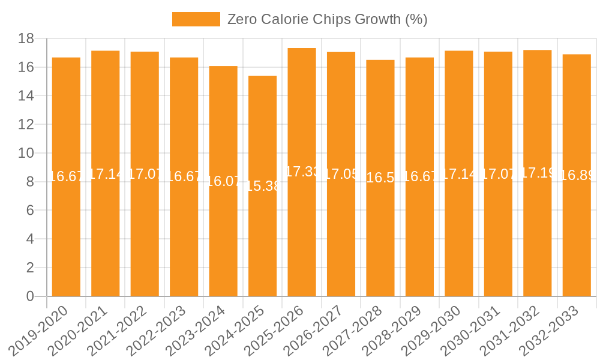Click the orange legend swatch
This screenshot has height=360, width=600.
coord(196,19)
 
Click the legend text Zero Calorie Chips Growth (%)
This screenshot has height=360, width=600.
coord(327,19)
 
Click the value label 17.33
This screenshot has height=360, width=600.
coord(302,172)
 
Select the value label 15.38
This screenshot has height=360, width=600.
coord(262,186)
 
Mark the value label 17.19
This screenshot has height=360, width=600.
coord(538,173)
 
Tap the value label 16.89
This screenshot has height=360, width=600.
coord(577,175)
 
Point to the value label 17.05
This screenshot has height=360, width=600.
coord(341,174)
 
